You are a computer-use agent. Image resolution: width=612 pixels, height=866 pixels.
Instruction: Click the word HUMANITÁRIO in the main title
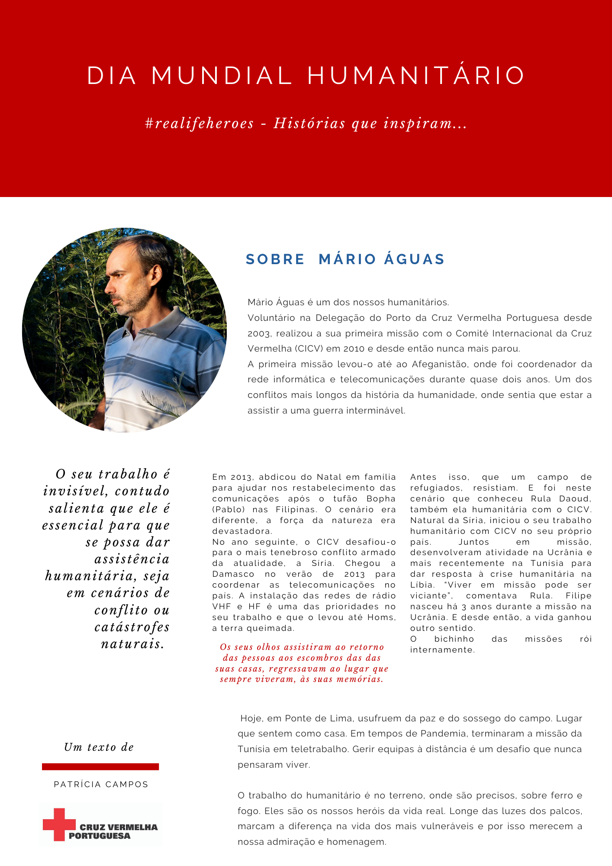[416, 76]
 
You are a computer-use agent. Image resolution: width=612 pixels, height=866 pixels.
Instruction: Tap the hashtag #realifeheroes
[200, 124]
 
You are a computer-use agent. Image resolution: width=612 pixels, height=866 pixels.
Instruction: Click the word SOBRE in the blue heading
[275, 259]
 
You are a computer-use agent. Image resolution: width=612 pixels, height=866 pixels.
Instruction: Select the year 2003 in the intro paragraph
[259, 334]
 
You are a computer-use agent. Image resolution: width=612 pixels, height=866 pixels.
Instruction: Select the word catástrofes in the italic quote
[132, 627]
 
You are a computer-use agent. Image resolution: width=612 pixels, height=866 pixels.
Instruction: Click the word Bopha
[381, 499]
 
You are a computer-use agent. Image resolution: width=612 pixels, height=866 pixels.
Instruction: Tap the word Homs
[384, 617]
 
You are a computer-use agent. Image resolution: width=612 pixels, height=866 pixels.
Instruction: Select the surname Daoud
[575, 499]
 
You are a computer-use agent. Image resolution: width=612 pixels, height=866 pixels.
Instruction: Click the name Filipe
[578, 596]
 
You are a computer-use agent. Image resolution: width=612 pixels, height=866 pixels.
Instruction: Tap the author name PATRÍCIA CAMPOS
[101, 785]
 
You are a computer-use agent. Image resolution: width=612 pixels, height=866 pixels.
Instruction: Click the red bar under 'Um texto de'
[100, 767]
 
